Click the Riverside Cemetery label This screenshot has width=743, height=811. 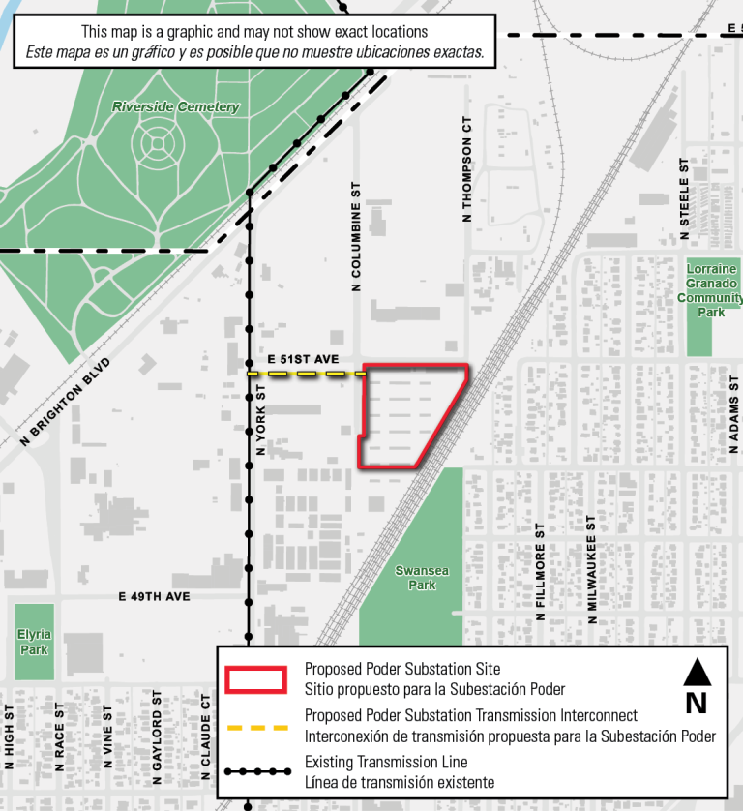[175, 106]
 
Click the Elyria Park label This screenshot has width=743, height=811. [34, 642]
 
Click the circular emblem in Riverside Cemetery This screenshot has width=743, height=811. [156, 145]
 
